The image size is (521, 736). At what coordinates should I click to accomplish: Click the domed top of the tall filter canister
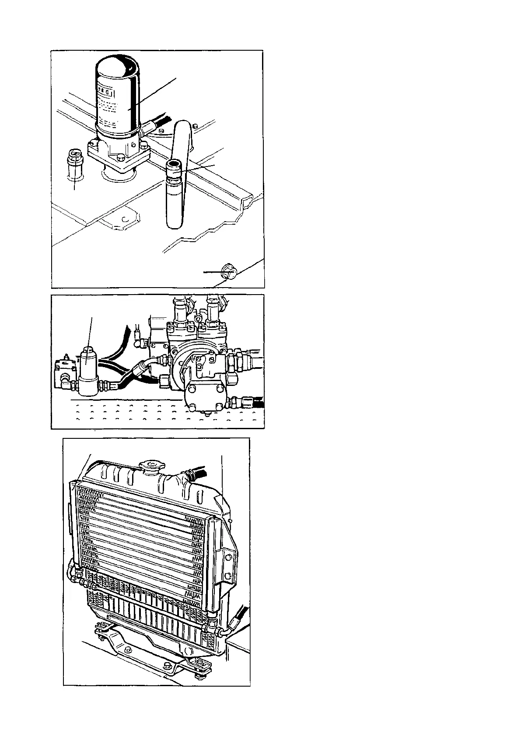[117, 66]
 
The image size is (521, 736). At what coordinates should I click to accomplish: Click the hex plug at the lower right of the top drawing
[228, 272]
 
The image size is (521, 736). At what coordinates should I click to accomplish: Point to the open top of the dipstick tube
[174, 164]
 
